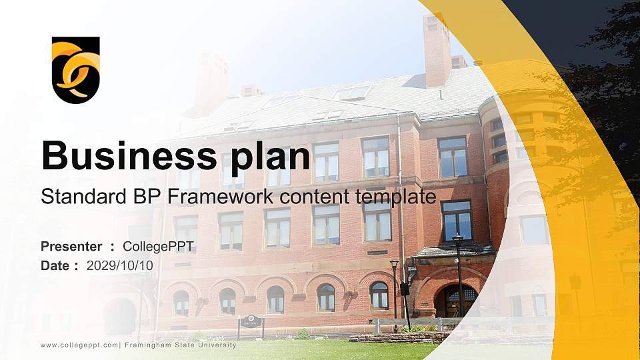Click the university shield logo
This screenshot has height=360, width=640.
tap(75, 69)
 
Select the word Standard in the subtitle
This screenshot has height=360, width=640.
tap(74, 197)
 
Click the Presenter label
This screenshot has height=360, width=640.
tap(71, 247)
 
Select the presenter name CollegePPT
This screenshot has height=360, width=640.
tap(159, 247)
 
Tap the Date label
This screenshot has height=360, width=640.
tap(55, 265)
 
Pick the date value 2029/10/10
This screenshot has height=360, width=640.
tap(120, 265)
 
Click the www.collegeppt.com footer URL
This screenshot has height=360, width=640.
tap(79, 345)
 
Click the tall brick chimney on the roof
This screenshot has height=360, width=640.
tap(437, 49)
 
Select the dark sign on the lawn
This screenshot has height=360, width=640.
tap(251, 322)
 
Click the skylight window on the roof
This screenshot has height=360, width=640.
tap(352, 93)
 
